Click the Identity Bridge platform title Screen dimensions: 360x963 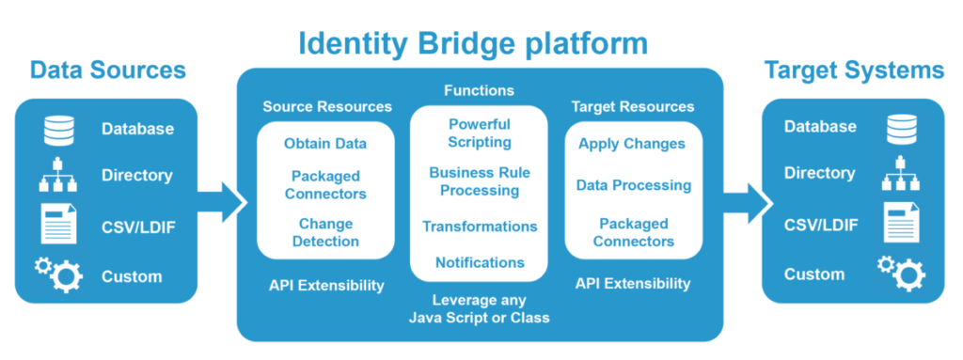tap(473, 42)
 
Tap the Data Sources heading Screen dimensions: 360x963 tap(107, 70)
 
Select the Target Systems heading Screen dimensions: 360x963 tap(853, 70)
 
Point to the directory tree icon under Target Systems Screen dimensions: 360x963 tap(901, 175)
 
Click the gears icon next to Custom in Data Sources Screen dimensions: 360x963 tap(59, 275)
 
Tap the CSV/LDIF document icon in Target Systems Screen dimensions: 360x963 tap(900, 224)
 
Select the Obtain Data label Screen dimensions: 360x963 tap(325, 144)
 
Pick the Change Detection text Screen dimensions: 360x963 tap(325, 232)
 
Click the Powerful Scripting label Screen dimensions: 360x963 tap(480, 133)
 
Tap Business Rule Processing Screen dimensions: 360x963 tap(480, 181)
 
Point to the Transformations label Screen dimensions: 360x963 tap(480, 227)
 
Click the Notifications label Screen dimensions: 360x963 tap(480, 262)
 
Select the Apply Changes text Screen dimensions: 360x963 tap(632, 144)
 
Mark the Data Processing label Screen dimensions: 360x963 tap(633, 185)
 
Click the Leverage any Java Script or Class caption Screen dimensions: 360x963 tap(479, 309)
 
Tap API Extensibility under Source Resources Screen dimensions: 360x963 tap(326, 285)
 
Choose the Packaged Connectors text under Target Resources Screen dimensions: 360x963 tap(633, 232)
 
